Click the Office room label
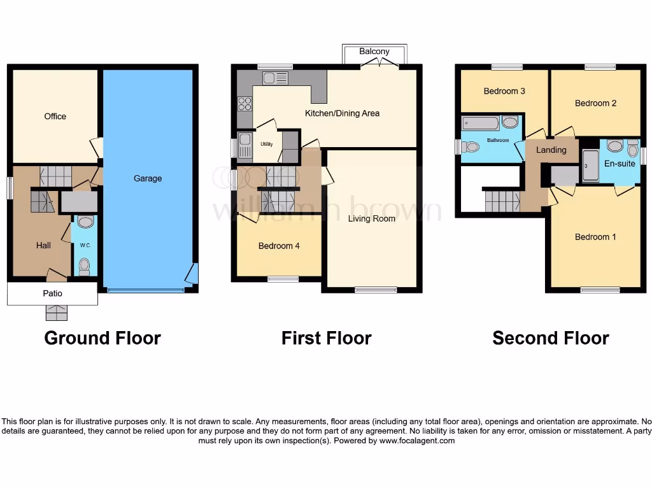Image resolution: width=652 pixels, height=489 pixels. coord(55,117)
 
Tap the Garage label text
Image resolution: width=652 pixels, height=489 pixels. coord(148,178)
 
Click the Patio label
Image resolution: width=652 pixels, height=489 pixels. coord(53,294)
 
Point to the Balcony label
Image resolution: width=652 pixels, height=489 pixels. coord(374,52)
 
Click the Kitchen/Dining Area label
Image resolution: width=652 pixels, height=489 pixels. coord(342,113)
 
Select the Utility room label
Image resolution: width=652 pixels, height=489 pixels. coord(266,144)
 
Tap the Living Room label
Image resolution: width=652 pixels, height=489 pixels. coord(371,218)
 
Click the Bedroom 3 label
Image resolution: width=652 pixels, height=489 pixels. coord(504,91)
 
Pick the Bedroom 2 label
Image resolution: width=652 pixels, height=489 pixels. coord(595,103)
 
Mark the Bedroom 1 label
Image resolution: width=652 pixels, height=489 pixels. coord(595,237)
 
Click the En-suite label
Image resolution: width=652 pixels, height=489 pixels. coord(620,164)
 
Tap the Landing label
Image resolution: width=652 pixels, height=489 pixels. coord(551,150)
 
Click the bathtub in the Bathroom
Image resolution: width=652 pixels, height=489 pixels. coord(481,122)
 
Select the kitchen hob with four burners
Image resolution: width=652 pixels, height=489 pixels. coord(244,103)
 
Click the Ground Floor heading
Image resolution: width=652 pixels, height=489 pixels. coord(103,338)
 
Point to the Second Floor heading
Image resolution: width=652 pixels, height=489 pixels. coord(551,338)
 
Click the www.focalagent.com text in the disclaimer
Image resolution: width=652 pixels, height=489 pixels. coord(417,441)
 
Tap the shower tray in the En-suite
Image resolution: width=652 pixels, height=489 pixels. coord(590,166)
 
